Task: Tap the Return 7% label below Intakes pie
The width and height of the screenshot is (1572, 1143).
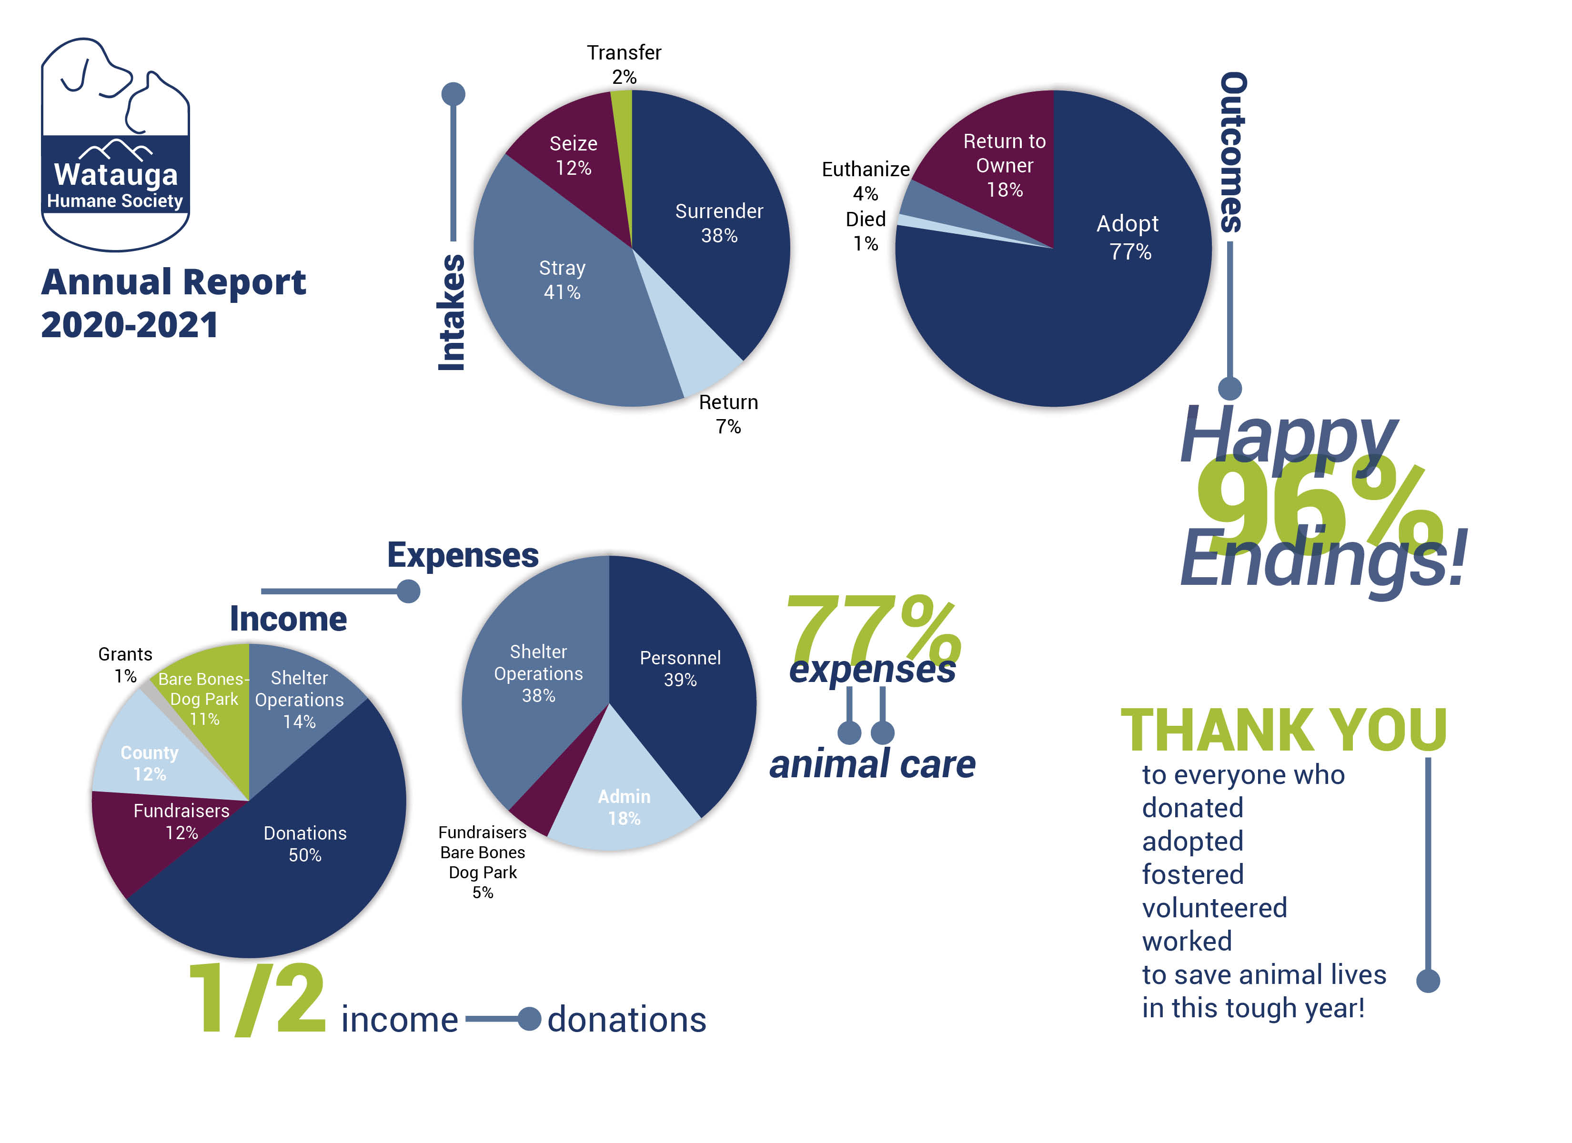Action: pos(728,414)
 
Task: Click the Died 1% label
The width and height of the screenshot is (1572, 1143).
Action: pos(865,231)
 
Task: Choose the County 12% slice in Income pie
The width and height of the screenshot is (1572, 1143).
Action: pos(149,762)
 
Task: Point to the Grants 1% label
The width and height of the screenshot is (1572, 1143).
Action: pos(125,664)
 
